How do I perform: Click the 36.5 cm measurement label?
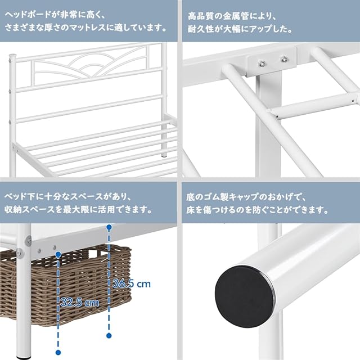pyautogui.click(x=132, y=283)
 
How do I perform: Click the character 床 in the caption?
pyautogui.click(x=191, y=210)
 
